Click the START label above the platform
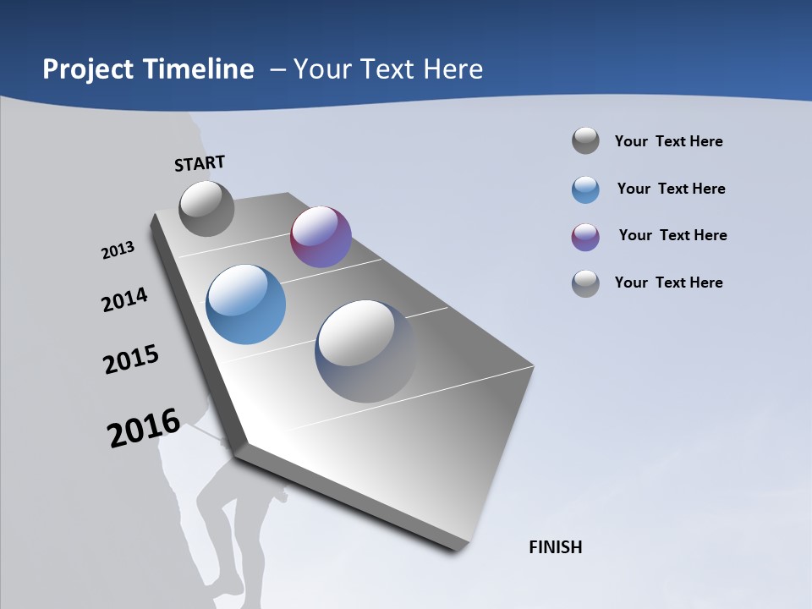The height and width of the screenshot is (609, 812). [x=200, y=163]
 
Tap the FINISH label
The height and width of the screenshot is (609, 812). [x=556, y=547]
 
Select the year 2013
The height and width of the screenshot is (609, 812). [x=118, y=250]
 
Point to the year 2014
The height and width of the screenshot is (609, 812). [x=125, y=299]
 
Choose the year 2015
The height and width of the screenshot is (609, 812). [x=131, y=359]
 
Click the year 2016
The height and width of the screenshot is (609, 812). [x=144, y=428]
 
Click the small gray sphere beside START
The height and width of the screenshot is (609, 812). [x=206, y=208]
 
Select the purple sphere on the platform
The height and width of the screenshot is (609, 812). [x=321, y=237]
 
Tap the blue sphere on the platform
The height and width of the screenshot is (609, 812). [x=246, y=304]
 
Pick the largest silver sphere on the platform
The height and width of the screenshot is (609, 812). [x=365, y=351]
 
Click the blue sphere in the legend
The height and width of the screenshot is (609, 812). [x=585, y=189]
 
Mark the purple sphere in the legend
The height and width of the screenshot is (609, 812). [x=585, y=237]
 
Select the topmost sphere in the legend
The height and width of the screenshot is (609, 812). [x=585, y=140]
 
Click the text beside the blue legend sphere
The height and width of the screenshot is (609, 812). [x=671, y=189]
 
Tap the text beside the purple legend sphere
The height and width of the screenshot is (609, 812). [x=672, y=235]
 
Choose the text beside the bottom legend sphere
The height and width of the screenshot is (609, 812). [x=668, y=283]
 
